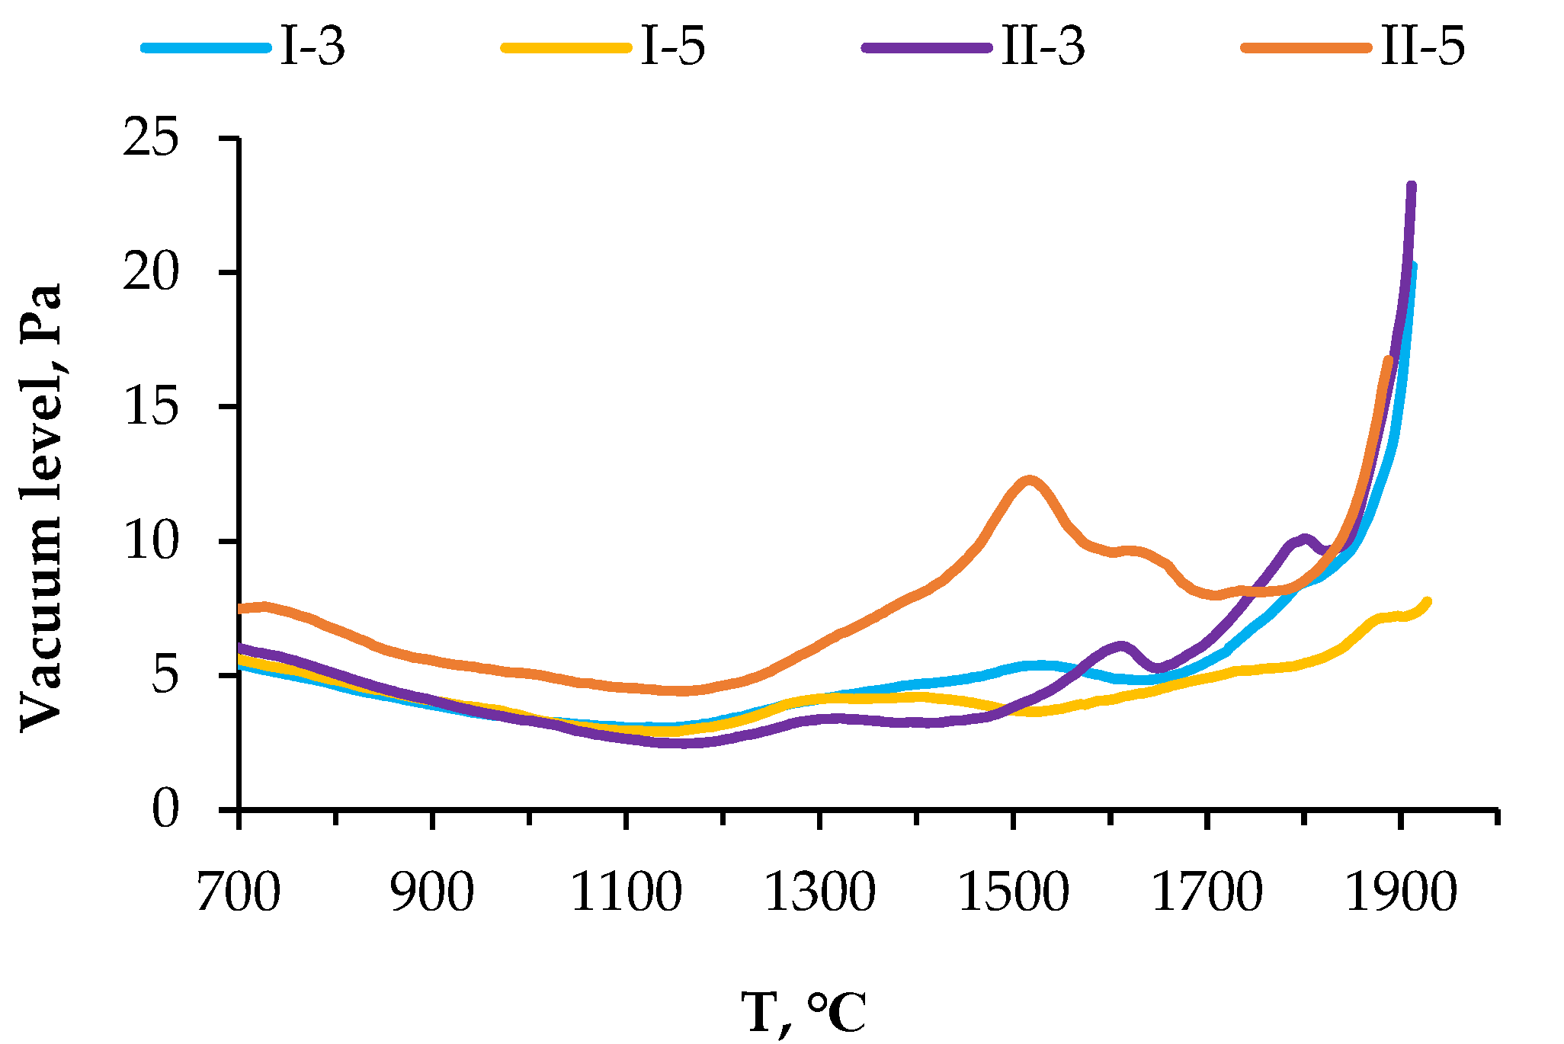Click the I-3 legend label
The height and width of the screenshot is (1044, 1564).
(312, 46)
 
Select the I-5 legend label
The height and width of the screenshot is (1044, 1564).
(673, 46)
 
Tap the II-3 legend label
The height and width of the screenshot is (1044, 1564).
(1043, 46)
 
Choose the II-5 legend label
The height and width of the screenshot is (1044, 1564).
(1422, 46)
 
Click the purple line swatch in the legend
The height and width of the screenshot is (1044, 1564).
(928, 47)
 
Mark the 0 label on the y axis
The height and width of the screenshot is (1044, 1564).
(165, 809)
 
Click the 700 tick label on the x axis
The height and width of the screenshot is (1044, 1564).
(239, 892)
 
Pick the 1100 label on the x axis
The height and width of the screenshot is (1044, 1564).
(626, 892)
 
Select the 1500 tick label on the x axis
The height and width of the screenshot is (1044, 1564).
(1013, 892)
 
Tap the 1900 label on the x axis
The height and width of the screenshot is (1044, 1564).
(1400, 892)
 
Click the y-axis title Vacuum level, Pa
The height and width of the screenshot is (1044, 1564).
(40, 508)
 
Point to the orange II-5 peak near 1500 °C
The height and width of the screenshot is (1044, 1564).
(1029, 479)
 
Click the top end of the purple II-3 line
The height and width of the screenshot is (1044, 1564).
(1412, 186)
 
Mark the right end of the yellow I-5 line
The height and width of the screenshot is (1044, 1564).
(1427, 601)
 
